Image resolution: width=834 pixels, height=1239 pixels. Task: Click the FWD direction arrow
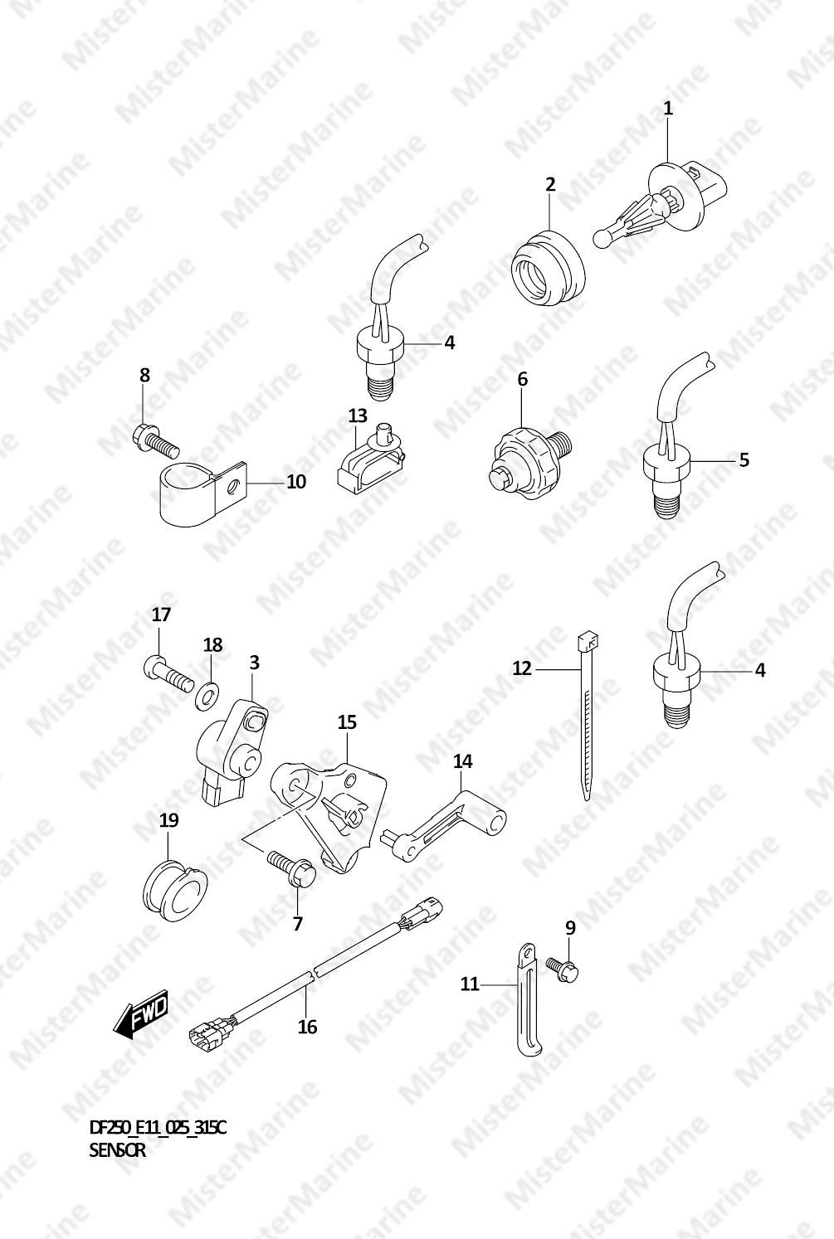[x=140, y=1012]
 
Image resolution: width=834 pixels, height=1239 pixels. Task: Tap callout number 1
[x=668, y=109]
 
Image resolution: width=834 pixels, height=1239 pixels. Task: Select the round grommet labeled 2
[x=548, y=268]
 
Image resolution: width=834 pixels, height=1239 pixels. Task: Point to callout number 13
[x=358, y=415]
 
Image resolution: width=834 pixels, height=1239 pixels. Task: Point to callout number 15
[x=347, y=722]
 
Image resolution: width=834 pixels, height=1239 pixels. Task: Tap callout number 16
[x=308, y=1028]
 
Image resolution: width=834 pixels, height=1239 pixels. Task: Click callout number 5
[x=744, y=459]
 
